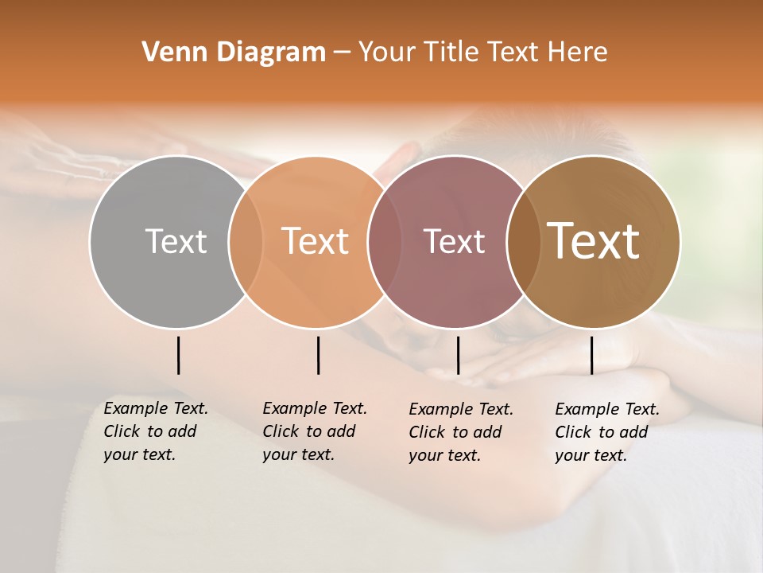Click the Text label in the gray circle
[x=176, y=241]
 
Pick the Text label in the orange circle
[x=316, y=241]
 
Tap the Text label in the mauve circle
[x=454, y=241]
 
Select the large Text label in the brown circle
[x=594, y=241]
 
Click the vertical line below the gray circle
[x=178, y=355]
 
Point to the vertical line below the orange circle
[x=318, y=355]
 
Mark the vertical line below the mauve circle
[x=458, y=355]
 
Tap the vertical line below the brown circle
[x=591, y=355]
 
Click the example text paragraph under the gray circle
[x=155, y=431]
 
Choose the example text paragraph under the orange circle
[x=314, y=431]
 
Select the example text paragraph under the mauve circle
[x=460, y=432]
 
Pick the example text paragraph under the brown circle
[x=606, y=432]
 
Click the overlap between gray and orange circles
[x=246, y=241]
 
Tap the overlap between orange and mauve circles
[x=384, y=241]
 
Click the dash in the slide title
[x=342, y=53]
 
